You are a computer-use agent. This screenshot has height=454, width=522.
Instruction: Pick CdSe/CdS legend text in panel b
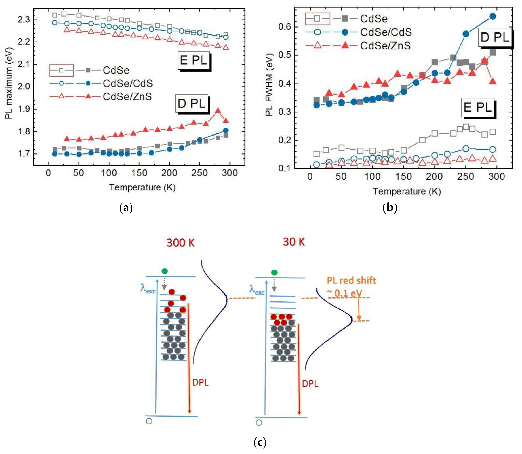coord(386,32)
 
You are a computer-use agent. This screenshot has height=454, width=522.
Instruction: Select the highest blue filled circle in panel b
coord(493,16)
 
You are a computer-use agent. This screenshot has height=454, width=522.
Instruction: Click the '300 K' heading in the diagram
coord(180,243)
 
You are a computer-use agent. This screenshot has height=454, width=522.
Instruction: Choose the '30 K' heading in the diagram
coord(294,242)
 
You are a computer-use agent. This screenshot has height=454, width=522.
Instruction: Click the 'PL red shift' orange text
coord(351,280)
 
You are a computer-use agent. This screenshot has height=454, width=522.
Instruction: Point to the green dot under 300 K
coord(165,271)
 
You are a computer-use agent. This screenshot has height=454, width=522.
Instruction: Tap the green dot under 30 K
coord(274,272)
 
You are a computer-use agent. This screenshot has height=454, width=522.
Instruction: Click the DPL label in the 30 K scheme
coord(310,384)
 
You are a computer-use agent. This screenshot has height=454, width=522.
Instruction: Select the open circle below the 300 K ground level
coord(149,421)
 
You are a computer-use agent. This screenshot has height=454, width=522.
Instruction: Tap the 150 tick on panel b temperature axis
coord(403,177)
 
